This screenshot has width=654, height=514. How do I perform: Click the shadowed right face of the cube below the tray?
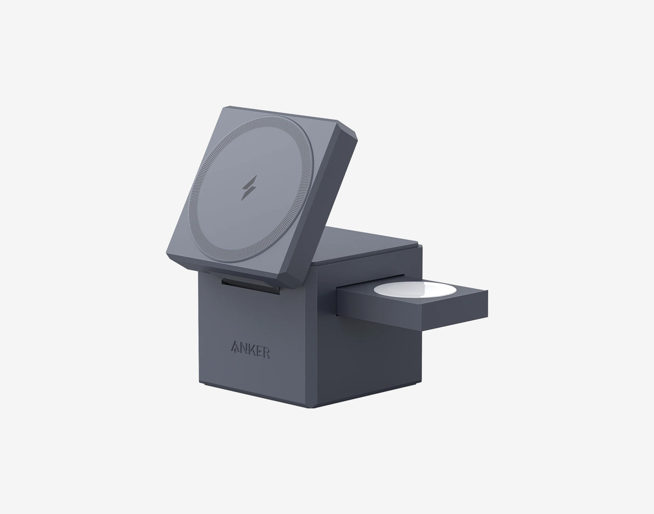pyautogui.click(x=374, y=359)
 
